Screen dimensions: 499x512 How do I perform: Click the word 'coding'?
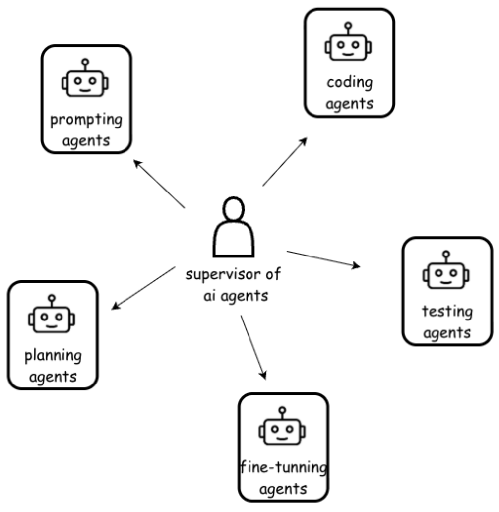(x=349, y=83)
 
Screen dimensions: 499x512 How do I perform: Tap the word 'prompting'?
(x=86, y=120)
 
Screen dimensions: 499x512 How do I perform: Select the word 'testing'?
(x=447, y=312)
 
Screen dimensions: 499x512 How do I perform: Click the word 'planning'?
(x=53, y=355)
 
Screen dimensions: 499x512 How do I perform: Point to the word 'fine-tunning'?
(x=283, y=467)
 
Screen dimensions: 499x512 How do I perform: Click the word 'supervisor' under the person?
(x=223, y=275)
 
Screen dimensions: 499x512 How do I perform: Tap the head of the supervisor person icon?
(x=234, y=208)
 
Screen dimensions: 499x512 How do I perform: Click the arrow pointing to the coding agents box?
(x=285, y=162)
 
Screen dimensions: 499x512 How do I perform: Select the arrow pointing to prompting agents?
(x=159, y=184)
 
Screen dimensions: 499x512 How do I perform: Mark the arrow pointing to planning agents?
(x=143, y=288)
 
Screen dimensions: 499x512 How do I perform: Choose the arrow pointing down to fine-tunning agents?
(x=253, y=347)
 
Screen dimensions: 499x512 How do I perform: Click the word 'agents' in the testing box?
(x=447, y=333)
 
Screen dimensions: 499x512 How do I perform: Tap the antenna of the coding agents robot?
(x=348, y=28)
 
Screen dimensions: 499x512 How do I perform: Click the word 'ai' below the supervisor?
(x=209, y=296)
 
